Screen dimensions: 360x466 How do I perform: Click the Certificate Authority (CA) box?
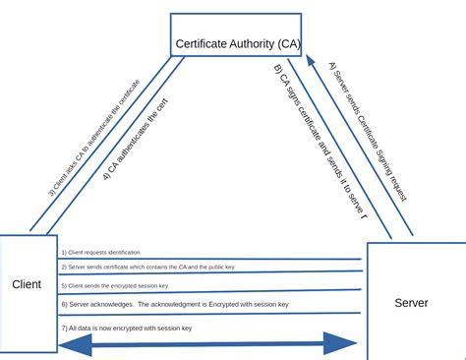coord(236,35)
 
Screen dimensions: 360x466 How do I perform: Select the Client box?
coord(29,295)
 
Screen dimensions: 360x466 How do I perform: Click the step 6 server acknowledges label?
coord(175,305)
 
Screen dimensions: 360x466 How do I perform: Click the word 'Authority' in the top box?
coord(243,43)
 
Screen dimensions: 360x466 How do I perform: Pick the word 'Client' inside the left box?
coord(27,284)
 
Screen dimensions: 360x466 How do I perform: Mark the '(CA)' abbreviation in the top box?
coord(284,43)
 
